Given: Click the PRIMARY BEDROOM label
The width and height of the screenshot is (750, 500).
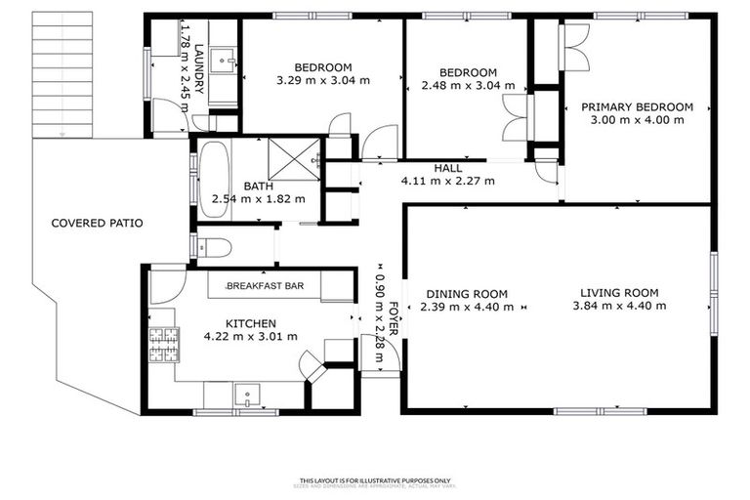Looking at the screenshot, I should [637, 107].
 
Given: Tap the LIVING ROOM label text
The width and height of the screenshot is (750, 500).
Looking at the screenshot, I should [619, 293].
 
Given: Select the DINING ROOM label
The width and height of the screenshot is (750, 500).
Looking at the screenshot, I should [466, 294].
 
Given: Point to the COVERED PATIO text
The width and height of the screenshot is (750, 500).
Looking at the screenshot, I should [97, 224].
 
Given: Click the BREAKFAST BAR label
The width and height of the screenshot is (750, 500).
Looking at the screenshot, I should [265, 286].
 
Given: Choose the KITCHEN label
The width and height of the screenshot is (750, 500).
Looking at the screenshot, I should [251, 323].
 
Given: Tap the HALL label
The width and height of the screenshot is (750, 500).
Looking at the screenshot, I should [448, 168].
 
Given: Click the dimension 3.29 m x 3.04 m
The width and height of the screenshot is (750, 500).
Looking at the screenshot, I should [322, 80].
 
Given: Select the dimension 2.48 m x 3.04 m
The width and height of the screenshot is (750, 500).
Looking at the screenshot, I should [468, 85].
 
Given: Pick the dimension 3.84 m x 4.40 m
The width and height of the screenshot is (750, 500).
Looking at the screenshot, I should [619, 306].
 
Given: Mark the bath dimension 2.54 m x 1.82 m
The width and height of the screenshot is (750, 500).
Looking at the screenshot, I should [258, 199].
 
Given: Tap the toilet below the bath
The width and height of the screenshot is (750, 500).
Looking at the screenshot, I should [214, 247].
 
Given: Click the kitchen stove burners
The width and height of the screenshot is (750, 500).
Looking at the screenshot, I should [162, 343].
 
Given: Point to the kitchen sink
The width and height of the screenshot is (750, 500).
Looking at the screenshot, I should [246, 396].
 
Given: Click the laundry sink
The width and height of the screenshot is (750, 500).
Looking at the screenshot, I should [227, 62].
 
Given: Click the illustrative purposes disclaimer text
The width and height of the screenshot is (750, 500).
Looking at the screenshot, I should [375, 480].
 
